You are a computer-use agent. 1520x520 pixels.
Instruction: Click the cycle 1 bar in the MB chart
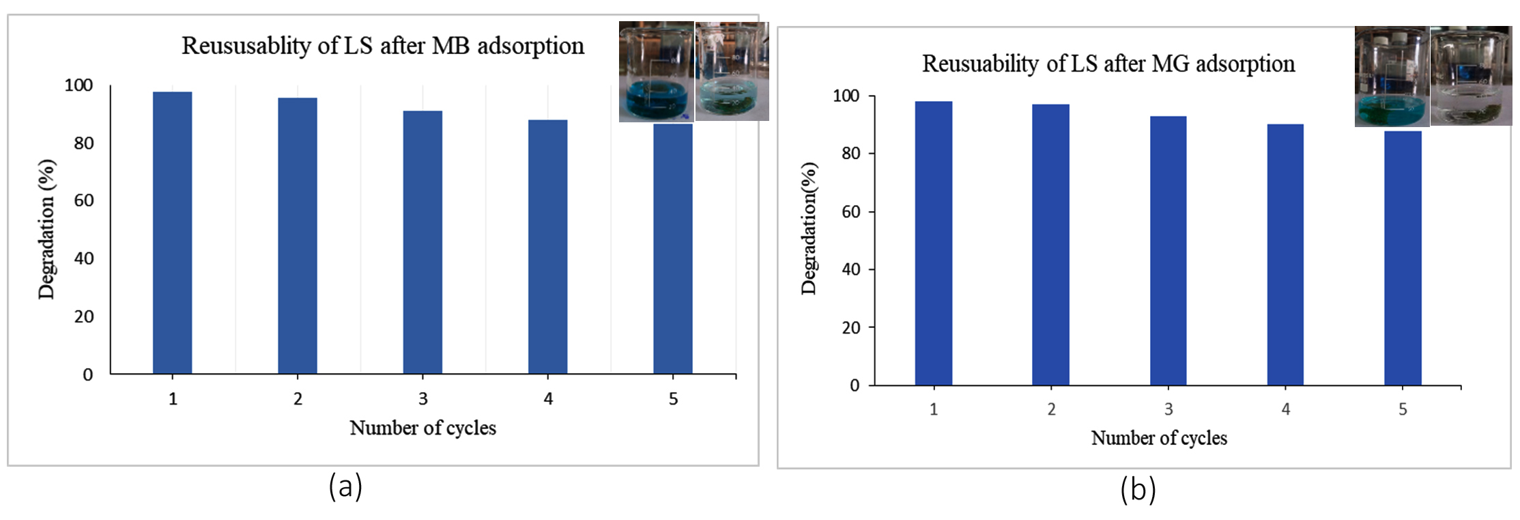pyautogui.click(x=172, y=232)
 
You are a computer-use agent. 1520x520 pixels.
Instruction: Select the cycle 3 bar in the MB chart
pyautogui.click(x=422, y=242)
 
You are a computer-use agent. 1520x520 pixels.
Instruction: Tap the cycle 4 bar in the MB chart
pyautogui.click(x=547, y=247)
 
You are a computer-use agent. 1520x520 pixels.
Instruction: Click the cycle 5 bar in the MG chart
pyautogui.click(x=1403, y=258)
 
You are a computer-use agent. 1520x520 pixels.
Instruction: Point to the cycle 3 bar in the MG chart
pyautogui.click(x=1168, y=251)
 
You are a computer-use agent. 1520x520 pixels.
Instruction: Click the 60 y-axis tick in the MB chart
pyautogui.click(x=84, y=201)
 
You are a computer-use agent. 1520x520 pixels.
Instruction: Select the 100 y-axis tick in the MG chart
pyautogui.click(x=846, y=96)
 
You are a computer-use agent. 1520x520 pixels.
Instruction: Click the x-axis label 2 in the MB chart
pyautogui.click(x=298, y=399)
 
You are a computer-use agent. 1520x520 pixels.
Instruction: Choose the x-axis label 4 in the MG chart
pyautogui.click(x=1285, y=409)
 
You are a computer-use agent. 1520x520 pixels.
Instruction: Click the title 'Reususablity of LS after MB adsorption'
pyautogui.click(x=383, y=46)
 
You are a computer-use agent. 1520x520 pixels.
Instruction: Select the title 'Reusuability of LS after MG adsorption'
pyautogui.click(x=1108, y=64)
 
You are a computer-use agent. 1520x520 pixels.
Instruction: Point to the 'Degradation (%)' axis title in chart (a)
pyautogui.click(x=46, y=230)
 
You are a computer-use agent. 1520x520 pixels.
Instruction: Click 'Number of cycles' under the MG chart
pyautogui.click(x=1159, y=438)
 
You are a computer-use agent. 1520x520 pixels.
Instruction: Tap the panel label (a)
pyautogui.click(x=345, y=487)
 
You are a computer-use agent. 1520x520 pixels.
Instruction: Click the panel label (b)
pyautogui.click(x=1138, y=489)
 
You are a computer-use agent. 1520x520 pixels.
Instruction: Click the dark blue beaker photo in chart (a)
pyautogui.click(x=656, y=72)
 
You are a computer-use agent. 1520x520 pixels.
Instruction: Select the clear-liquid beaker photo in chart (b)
pyautogui.click(x=1470, y=76)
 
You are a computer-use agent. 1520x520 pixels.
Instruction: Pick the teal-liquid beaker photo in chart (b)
pyautogui.click(x=1391, y=77)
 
